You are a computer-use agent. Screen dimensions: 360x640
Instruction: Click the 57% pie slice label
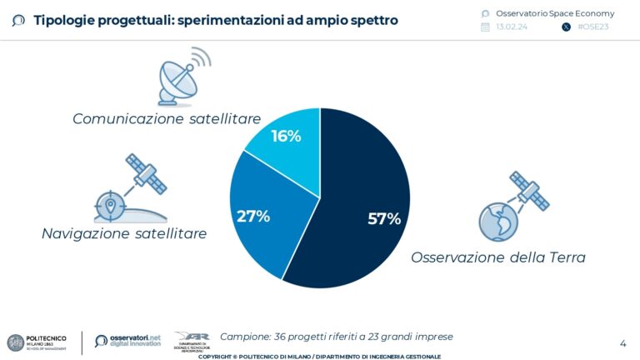pos(384,219)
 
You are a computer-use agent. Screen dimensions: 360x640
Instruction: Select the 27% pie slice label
pos(253,216)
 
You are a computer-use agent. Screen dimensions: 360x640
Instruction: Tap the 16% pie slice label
pos(286,136)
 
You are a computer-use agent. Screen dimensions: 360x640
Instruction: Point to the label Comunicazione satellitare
pos(167,119)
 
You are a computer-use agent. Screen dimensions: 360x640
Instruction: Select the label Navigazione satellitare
pos(124,234)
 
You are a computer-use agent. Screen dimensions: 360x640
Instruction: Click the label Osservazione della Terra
pos(497,257)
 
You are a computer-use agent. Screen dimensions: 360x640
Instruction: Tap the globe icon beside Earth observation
pos(498,221)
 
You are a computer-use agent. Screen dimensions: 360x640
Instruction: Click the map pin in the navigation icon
pos(109,205)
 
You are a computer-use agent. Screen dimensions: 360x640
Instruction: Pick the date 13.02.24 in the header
pos(511,27)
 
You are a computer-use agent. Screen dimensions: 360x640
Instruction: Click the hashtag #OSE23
pos(592,27)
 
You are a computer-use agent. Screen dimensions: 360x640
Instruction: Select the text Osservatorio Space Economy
pos(554,13)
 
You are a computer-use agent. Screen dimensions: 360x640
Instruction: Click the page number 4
pos(622,342)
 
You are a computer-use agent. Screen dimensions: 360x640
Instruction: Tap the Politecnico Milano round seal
pos(15,342)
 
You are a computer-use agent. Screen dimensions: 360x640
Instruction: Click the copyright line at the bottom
pos(319,356)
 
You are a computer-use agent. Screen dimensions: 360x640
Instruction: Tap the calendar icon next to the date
pos(485,27)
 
